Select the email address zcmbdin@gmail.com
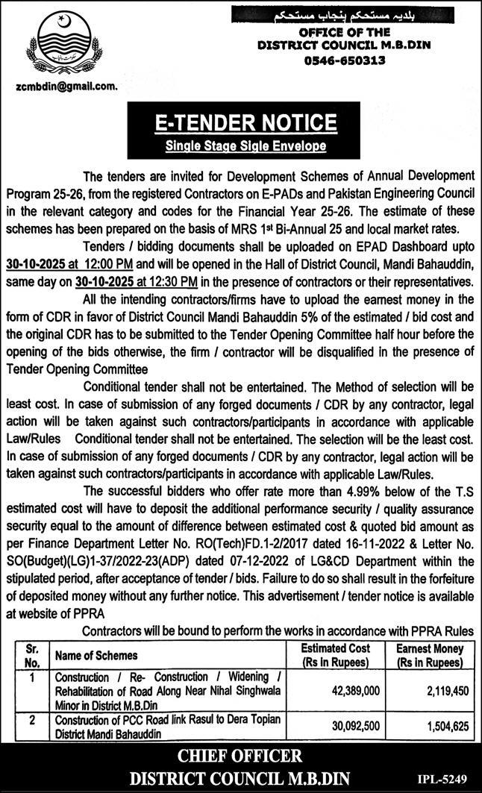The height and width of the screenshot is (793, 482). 66,87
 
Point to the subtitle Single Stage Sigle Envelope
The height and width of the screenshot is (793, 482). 245,146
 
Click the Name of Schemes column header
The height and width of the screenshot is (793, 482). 96,655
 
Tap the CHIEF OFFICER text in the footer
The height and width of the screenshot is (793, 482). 240,756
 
